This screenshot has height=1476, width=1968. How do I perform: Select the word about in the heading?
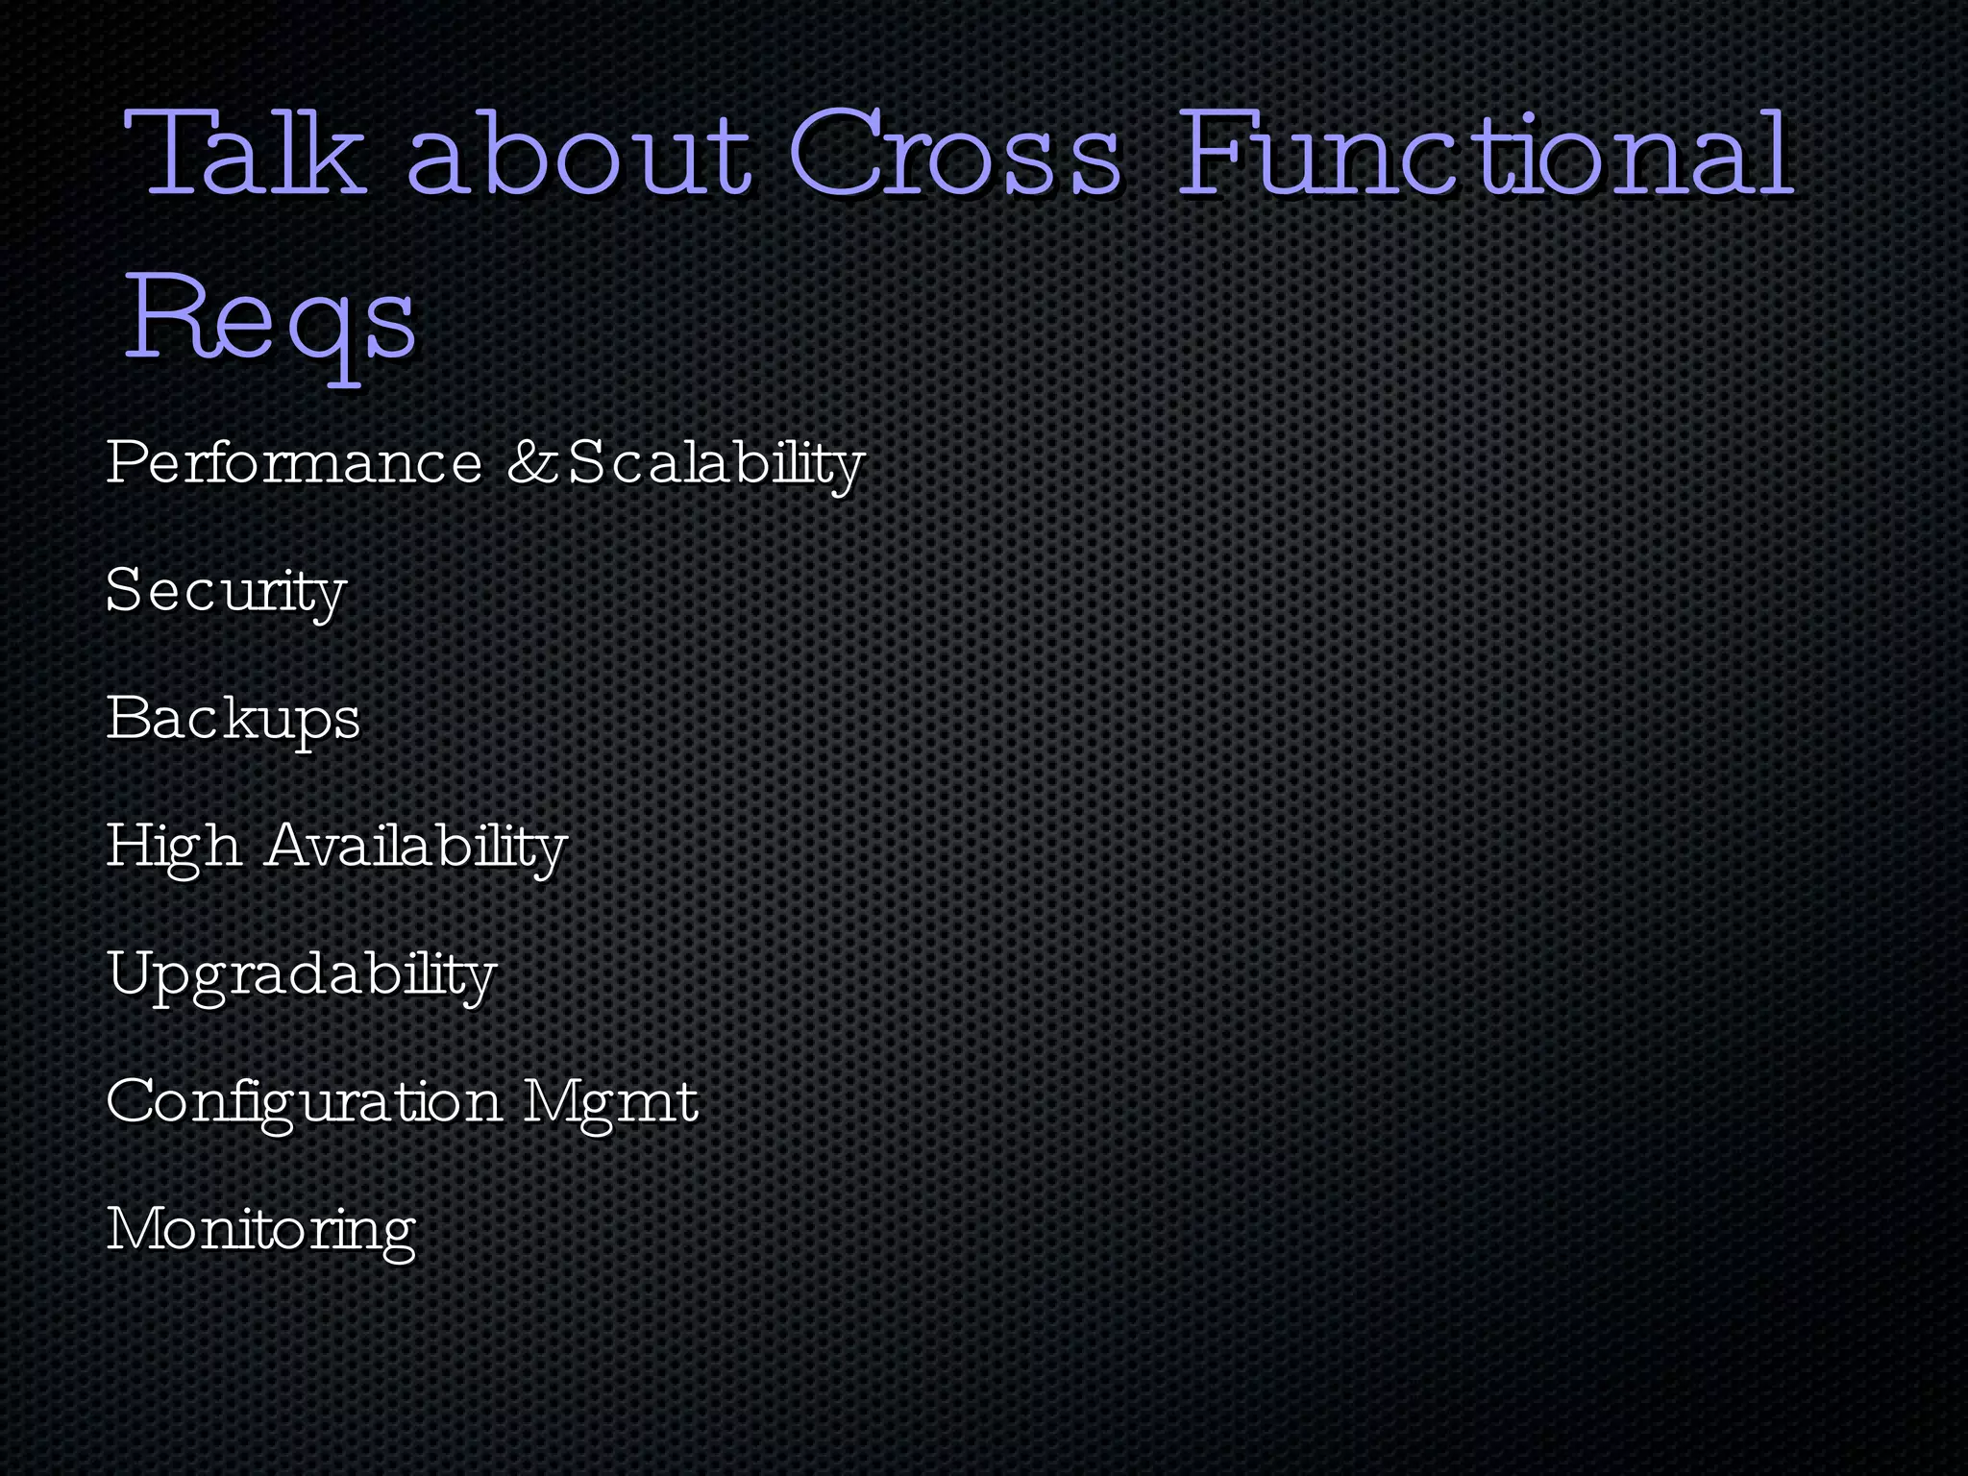coord(578,154)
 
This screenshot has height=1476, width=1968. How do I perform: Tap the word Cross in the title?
coord(955,154)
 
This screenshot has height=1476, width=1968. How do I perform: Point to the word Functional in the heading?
coord(1484,154)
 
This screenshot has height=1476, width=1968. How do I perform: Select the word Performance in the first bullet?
coord(294,462)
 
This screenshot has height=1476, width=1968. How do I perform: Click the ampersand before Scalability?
coord(530,462)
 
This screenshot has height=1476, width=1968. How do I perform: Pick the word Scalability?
coord(716,464)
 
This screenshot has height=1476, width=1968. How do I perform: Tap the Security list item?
coord(226,591)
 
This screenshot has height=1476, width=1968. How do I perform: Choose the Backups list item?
coord(234,719)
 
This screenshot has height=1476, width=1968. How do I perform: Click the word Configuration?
coord(304,1102)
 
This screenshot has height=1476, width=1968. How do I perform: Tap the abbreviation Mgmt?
coord(611,1102)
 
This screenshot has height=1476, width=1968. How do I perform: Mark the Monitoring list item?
coord(260,1230)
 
